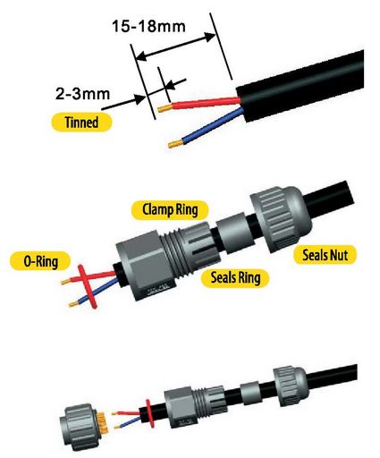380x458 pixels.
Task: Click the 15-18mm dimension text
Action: [148, 26]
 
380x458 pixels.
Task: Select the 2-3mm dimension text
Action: [82, 94]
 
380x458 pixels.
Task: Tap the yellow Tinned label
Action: [81, 123]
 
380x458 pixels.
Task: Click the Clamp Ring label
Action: [170, 209]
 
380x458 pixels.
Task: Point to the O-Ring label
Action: [40, 261]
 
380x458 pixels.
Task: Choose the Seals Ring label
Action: [235, 278]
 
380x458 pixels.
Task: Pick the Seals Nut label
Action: [325, 255]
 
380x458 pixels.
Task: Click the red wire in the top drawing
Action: [206, 103]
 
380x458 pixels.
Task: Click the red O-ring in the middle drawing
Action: [88, 286]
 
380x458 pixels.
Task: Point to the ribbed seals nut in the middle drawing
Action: [280, 220]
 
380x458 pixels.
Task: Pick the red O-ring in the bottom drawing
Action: [149, 413]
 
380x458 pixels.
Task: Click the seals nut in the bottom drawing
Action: [289, 386]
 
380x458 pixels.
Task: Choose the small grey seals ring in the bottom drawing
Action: [250, 393]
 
